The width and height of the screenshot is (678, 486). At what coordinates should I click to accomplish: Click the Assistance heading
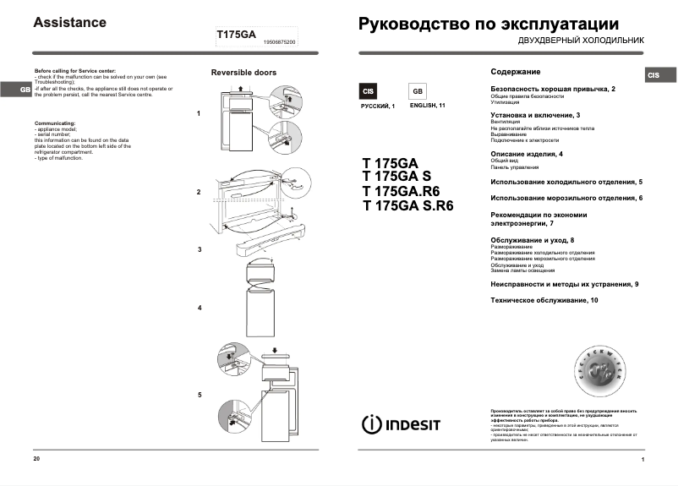click(69, 23)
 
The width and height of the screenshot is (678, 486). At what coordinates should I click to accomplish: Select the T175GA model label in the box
click(236, 35)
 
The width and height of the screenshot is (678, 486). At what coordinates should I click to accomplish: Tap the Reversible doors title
click(243, 73)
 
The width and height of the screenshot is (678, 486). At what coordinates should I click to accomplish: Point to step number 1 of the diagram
click(199, 112)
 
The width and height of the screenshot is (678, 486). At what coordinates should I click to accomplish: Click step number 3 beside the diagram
click(199, 249)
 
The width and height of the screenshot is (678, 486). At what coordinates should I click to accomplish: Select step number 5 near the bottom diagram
click(200, 395)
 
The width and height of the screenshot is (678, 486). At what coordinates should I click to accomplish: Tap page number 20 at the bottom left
click(36, 458)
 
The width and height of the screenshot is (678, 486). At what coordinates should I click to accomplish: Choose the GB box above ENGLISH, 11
click(418, 91)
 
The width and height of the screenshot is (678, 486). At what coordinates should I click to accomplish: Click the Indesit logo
click(401, 423)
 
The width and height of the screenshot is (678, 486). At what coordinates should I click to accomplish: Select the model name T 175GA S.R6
click(407, 205)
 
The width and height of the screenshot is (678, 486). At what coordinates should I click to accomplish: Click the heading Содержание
click(515, 72)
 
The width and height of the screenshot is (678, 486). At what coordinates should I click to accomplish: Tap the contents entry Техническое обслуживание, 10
click(544, 301)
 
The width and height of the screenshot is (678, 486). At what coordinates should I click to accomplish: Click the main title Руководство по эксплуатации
click(489, 24)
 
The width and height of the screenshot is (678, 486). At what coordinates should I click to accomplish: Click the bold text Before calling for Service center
click(75, 71)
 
